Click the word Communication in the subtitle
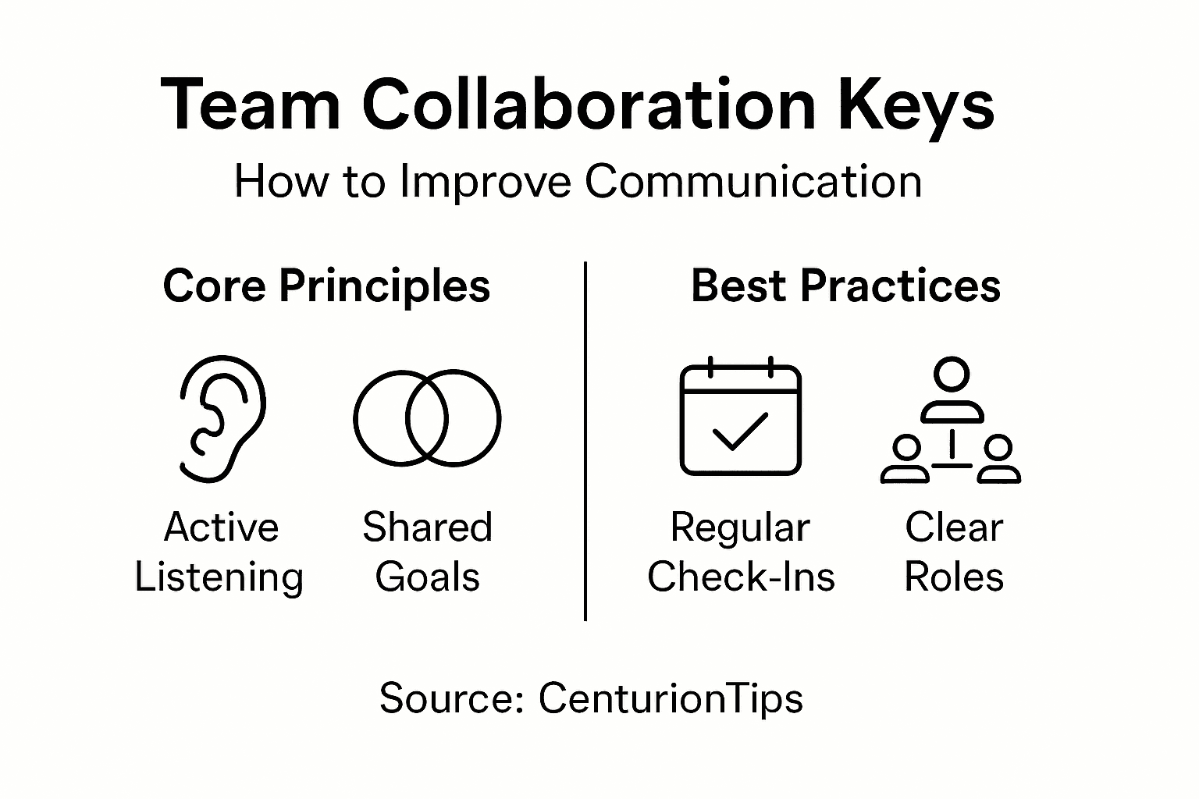(x=752, y=182)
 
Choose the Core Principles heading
(x=326, y=286)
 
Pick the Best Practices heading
(x=845, y=286)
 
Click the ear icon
(x=222, y=418)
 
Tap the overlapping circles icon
(x=427, y=418)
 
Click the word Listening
(x=219, y=578)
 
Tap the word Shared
(x=427, y=527)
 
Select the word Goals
(x=427, y=578)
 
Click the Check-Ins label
(x=741, y=578)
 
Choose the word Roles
(x=953, y=578)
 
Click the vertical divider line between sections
(x=585, y=442)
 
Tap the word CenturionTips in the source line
(x=671, y=698)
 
